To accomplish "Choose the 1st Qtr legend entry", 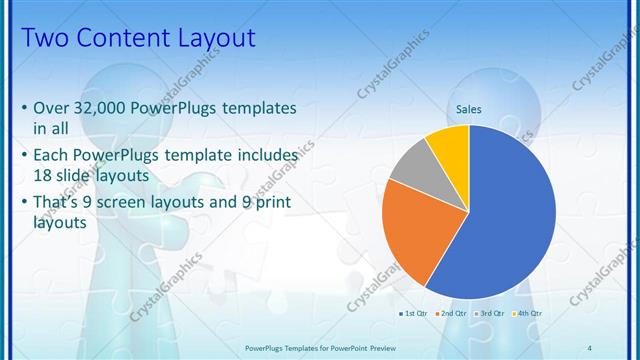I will [416, 314].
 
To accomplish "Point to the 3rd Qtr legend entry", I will [491, 314].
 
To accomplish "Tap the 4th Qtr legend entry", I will [527, 314].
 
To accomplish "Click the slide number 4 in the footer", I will [589, 347].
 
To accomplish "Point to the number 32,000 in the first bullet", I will [108, 108].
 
